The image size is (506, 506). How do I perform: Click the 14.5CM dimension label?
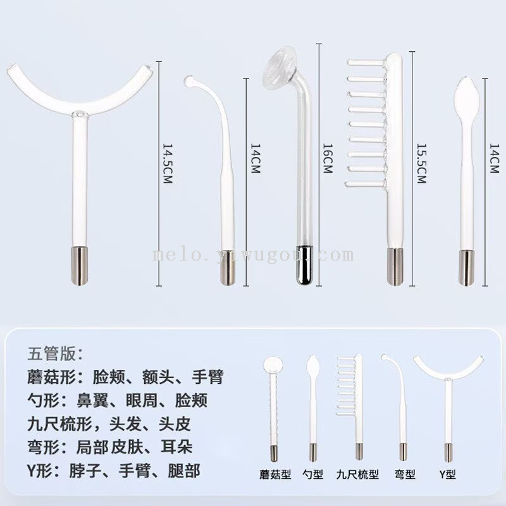point(168,164)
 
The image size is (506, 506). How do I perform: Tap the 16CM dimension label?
point(328,159)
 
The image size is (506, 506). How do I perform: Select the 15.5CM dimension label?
point(421,164)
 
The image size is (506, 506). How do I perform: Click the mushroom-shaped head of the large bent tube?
point(280,68)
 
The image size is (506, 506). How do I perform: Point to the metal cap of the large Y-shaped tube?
point(80,265)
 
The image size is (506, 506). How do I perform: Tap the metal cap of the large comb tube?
point(395,266)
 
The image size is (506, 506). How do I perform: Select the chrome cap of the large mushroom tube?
point(304,264)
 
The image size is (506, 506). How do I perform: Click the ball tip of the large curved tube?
point(188,81)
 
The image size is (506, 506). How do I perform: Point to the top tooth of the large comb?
point(366,62)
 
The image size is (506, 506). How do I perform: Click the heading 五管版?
point(55,354)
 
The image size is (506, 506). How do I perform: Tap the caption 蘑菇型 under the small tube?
point(275,474)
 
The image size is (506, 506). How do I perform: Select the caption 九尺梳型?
point(357,474)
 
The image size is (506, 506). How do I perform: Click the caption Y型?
point(447,474)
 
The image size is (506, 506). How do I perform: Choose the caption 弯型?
point(405,474)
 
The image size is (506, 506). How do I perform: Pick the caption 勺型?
point(312,474)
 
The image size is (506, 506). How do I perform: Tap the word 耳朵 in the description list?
point(176,447)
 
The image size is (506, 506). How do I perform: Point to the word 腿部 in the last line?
point(184,471)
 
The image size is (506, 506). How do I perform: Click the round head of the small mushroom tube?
point(273,365)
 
